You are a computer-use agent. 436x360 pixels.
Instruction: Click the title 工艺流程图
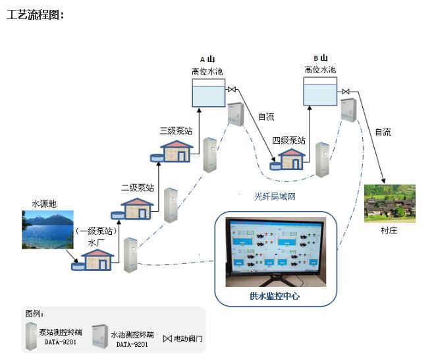pos(35,15)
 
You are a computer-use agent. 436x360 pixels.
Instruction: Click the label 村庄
pos(389,231)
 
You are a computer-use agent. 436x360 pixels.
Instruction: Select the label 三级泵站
pos(176,131)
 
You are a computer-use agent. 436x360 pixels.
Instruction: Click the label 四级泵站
pos(288,140)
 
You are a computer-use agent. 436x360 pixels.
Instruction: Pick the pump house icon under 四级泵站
pos(290,160)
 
